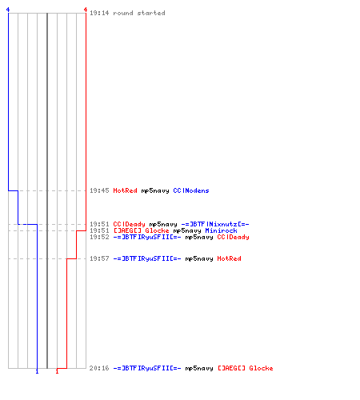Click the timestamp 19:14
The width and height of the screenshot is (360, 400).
coord(99,13)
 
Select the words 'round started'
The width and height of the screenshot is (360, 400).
coord(139,13)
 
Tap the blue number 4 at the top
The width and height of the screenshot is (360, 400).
coord(8,10)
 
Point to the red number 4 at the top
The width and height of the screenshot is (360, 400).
coord(86,10)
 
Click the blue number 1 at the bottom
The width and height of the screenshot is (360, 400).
coord(37,371)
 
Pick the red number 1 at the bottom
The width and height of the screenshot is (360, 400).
coord(57,371)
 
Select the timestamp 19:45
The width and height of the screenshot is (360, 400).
coord(99,190)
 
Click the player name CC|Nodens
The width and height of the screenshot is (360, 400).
coord(191,190)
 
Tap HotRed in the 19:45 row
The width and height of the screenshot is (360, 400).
coord(125,190)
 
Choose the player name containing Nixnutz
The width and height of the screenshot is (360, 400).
coord(215,224)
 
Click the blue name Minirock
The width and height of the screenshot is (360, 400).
coord(221,230)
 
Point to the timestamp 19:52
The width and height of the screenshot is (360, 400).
coord(99,237)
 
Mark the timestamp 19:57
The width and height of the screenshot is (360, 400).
coord(99,258)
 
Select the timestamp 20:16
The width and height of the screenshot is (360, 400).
coord(99,368)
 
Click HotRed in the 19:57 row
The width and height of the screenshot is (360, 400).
coord(229,258)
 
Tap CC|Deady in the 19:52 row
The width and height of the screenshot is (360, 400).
coord(233,237)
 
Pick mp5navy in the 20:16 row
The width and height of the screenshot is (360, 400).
coord(199,368)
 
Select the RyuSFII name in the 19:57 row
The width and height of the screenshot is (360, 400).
coord(147,258)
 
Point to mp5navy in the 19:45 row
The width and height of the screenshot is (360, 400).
coord(155,191)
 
